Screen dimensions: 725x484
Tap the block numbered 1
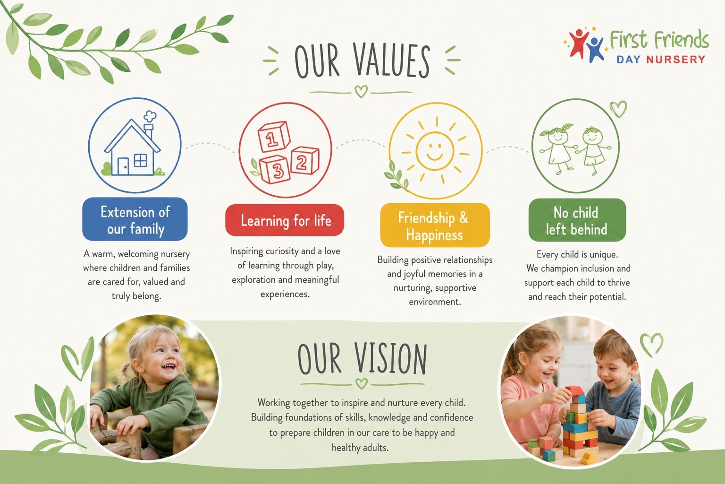pos(273,137)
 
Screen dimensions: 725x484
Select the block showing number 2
pos(304,160)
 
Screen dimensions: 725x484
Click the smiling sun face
pos(435,150)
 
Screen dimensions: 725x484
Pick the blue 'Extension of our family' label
pos(135,219)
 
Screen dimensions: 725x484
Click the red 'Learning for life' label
pos(285,220)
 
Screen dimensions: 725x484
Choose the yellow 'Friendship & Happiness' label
pos(435,225)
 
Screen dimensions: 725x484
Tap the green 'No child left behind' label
pos(577,220)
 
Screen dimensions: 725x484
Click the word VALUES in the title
pos(392,60)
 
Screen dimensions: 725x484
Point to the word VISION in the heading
pos(390,359)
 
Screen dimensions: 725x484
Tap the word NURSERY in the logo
pos(675,60)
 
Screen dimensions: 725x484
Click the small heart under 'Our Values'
pos(361,91)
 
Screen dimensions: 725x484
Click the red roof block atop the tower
pos(573,390)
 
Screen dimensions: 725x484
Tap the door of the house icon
pos(123,166)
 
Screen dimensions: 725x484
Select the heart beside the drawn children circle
pos(618,109)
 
